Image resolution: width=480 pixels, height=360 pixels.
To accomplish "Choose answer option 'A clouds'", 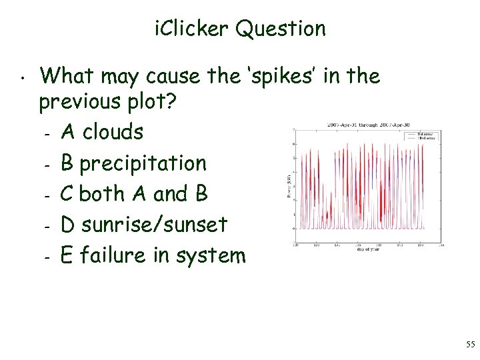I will click(101, 132).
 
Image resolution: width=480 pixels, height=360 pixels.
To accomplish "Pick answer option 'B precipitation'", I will click(133, 163).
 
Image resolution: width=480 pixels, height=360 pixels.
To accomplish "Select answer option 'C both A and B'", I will click(134, 193).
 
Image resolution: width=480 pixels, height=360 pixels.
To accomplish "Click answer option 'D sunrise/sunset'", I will click(144, 224).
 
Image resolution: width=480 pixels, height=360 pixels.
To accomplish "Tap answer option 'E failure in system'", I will click(153, 255).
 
